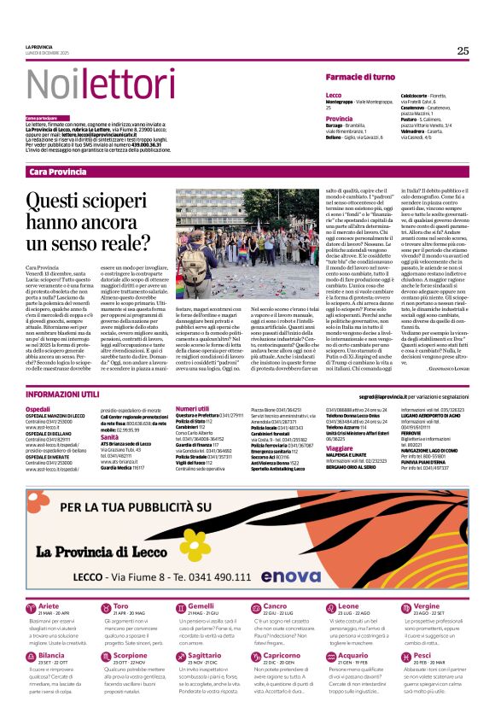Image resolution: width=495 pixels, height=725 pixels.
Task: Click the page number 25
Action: [463, 50]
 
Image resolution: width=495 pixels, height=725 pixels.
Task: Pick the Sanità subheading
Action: [110, 436]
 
